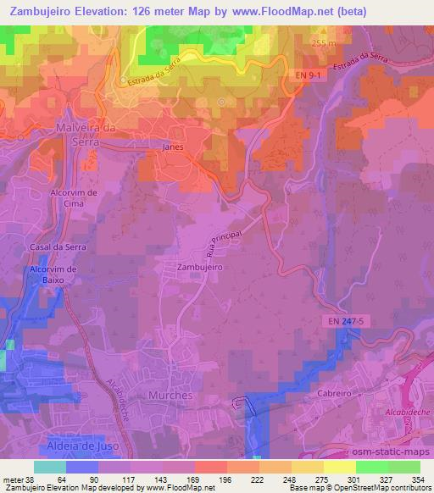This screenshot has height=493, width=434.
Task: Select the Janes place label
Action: click(173, 146)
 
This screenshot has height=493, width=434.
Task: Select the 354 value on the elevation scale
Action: click(419, 479)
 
